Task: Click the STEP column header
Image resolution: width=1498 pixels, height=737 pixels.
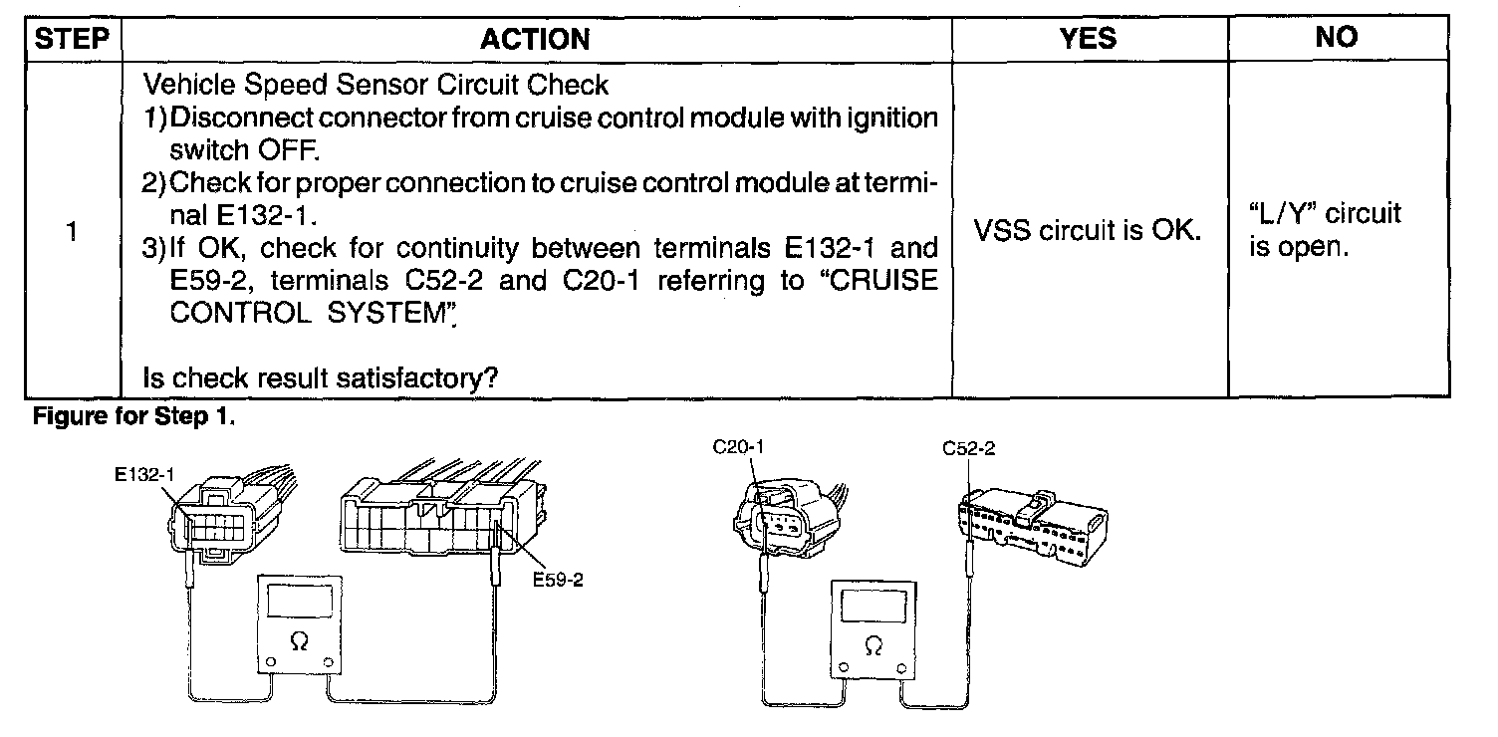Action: click(73, 39)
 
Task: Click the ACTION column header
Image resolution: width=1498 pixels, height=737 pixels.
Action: click(535, 39)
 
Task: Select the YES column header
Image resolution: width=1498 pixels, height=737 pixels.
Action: click(1088, 38)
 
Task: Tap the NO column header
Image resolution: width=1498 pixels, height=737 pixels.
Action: click(1336, 38)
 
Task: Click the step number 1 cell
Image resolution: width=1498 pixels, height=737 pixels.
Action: click(72, 232)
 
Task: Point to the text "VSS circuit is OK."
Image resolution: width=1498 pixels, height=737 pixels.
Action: click(1089, 232)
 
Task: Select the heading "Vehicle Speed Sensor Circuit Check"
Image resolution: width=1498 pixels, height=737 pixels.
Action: click(376, 85)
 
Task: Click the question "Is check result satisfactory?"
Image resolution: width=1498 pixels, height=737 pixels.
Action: click(321, 378)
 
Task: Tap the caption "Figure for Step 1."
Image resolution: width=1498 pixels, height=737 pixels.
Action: click(135, 417)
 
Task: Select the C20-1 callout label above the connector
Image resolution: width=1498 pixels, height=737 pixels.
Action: click(738, 448)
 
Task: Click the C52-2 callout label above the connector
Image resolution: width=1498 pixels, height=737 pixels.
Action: click(968, 449)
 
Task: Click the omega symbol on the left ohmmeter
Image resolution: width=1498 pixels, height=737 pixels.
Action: click(299, 643)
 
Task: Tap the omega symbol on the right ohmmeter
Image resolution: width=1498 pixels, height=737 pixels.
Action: click(874, 646)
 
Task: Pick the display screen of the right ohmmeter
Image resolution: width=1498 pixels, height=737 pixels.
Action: click(873, 606)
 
